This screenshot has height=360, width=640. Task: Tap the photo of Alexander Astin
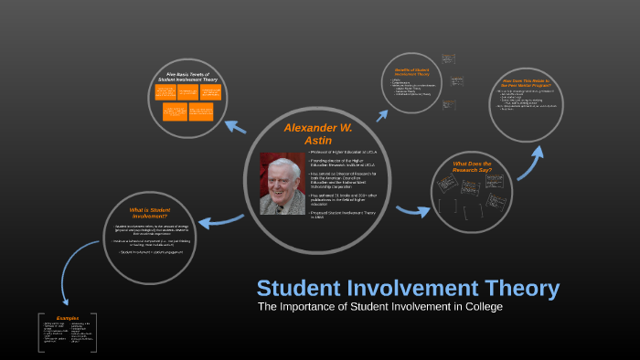[x=282, y=183]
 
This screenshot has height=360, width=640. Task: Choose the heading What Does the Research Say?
[x=474, y=167]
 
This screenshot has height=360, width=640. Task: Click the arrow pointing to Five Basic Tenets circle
[x=235, y=126]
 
